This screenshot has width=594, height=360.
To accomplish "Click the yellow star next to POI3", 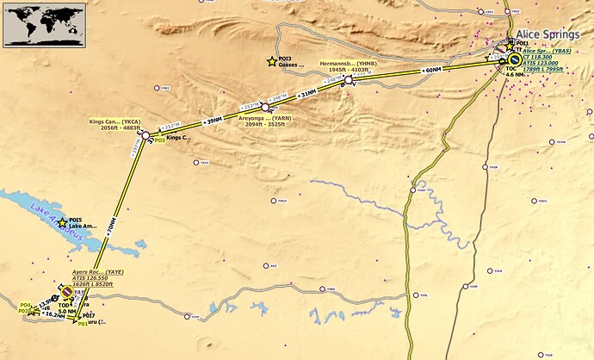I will click(x=272, y=61).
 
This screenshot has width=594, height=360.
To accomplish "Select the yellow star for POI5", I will click(x=62, y=223).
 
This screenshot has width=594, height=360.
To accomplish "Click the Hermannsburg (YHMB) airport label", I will click(x=347, y=66).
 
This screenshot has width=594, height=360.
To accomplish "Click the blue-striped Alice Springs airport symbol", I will click(x=515, y=60).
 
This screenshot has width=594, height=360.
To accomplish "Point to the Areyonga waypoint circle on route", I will click(x=264, y=107).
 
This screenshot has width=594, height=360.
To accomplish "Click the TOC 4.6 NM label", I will click(x=513, y=71).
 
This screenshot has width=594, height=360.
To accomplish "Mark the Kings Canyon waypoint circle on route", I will click(x=146, y=135).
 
